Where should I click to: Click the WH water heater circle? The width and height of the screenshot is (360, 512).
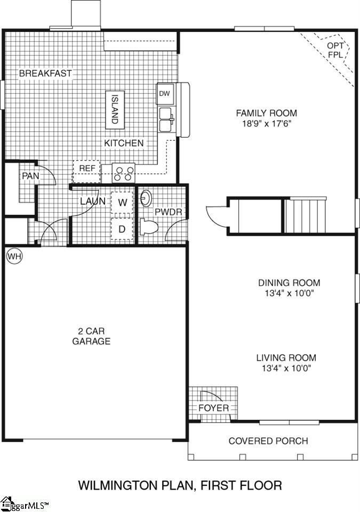tap(14, 257)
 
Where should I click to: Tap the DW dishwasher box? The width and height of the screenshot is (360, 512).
tap(165, 94)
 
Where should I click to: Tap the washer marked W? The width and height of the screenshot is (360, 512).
tap(122, 203)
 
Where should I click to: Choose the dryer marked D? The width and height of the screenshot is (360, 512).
tap(122, 229)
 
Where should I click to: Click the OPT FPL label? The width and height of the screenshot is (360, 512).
tap(335, 50)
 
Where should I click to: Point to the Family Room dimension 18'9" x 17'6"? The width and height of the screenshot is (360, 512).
tap(267, 123)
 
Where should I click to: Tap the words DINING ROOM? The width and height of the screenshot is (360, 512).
tap(289, 283)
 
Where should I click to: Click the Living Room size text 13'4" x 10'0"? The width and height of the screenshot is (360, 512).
tap(286, 368)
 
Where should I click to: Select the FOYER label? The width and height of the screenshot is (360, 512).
tap(214, 408)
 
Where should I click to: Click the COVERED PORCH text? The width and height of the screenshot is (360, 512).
tap(268, 441)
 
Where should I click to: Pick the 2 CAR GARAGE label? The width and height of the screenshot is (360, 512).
tap(91, 336)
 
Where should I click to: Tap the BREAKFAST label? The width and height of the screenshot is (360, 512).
tap(45, 73)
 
